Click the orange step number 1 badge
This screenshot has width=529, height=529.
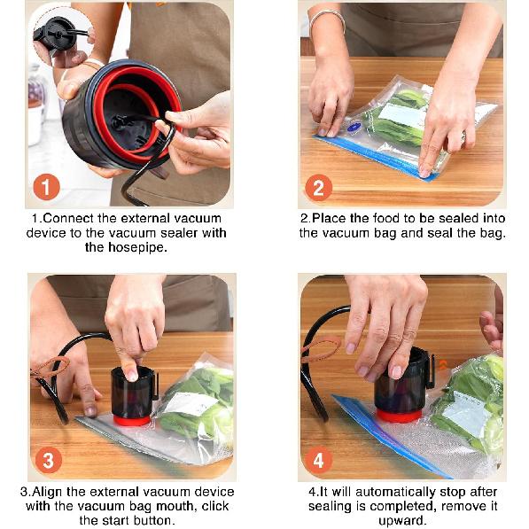coord(46,187)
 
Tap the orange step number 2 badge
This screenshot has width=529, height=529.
coord(318,187)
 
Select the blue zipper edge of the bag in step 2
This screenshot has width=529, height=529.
coord(372,156)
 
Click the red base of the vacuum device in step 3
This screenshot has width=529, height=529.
coord(133,419)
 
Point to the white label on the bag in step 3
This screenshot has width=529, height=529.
coord(191,403)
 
